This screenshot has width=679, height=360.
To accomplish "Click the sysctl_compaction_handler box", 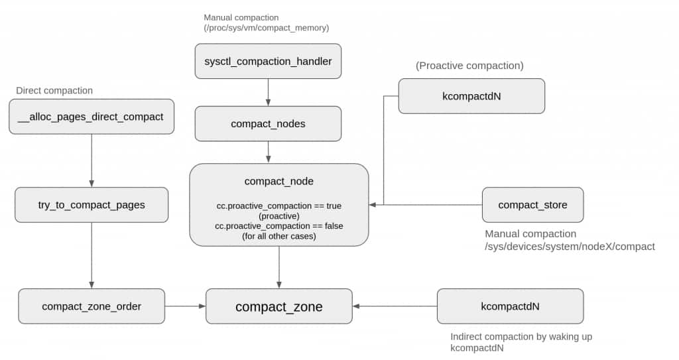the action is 268,61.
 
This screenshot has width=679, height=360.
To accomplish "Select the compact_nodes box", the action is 268,124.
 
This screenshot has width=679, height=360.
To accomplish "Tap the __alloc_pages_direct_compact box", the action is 92,117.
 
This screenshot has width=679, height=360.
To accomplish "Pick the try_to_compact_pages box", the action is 92,205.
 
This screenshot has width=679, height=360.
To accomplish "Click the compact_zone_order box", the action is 92,306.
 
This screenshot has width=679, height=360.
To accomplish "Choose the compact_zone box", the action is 279,306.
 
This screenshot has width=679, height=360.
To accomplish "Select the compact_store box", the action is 532,205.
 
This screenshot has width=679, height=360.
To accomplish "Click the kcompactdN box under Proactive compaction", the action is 471,96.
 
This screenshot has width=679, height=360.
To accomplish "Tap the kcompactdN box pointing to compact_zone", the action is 510,306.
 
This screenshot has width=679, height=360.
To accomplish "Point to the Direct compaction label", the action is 54,91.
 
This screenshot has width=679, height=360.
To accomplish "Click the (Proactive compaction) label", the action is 469,66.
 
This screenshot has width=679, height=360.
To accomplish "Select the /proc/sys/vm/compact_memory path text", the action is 267,28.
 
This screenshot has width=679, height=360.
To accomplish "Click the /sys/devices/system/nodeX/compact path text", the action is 570,247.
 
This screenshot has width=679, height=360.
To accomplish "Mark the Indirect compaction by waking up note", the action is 521,337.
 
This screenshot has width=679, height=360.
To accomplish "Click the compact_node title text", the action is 279,181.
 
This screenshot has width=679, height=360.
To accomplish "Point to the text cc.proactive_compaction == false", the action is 279,225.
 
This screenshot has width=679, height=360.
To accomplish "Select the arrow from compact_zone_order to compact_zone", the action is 186,306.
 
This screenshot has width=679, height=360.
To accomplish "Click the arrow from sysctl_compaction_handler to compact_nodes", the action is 268,92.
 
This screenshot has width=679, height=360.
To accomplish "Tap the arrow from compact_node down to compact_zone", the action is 279,267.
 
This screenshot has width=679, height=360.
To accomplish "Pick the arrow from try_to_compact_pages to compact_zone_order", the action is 92,256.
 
